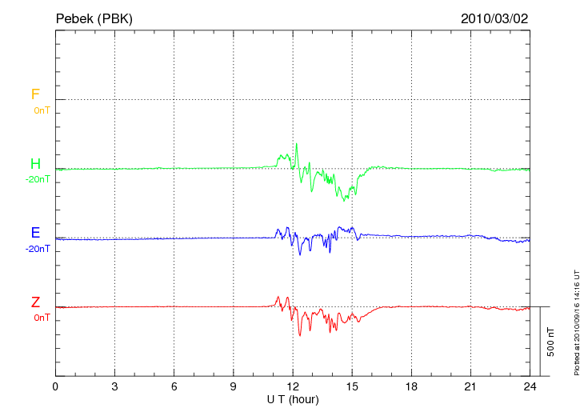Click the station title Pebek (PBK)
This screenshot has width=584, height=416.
pyautogui.click(x=94, y=18)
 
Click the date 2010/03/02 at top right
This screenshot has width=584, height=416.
pyautogui.click(x=494, y=18)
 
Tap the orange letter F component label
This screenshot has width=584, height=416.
pyautogui.click(x=35, y=94)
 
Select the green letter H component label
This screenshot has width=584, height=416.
pyautogui.click(x=35, y=164)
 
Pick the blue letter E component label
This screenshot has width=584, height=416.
pyautogui.click(x=35, y=233)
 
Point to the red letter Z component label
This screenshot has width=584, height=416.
pyautogui.click(x=35, y=302)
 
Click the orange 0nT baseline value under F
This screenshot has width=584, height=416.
pyautogui.click(x=42, y=110)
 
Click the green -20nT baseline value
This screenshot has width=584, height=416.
pyautogui.click(x=38, y=179)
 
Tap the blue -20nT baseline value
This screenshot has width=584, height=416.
pyautogui.click(x=38, y=249)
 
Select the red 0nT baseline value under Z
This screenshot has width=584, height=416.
pyautogui.click(x=42, y=318)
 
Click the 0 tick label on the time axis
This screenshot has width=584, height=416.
pyautogui.click(x=55, y=386)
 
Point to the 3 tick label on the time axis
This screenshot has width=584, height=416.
pyautogui.click(x=115, y=386)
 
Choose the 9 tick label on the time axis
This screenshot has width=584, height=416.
pyautogui.click(x=234, y=386)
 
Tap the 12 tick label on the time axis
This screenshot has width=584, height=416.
pyautogui.click(x=293, y=386)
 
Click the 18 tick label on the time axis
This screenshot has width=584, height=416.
pyautogui.click(x=411, y=386)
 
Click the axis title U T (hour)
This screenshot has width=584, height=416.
pyautogui.click(x=293, y=399)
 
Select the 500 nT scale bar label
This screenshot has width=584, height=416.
pyautogui.click(x=550, y=342)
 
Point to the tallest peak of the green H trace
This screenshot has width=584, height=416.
pyautogui.click(x=297, y=144)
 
